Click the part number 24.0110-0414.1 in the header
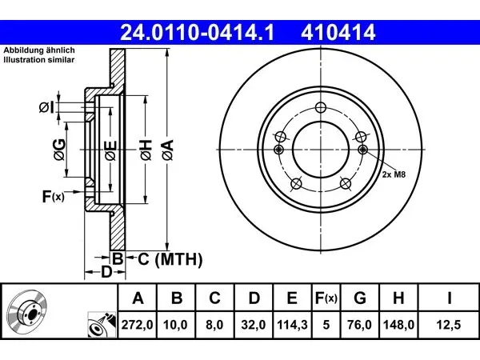coord(198,33)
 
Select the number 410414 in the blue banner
coord(338,33)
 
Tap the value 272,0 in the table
coord(137,325)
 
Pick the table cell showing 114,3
coord(292,325)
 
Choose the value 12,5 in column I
coord(449,325)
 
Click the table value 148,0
coord(398,325)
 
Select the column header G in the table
coord(360,298)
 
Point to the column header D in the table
coord(254,298)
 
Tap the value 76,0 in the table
coord(360,325)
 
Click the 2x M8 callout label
coord(394,174)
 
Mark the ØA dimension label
coord(168,150)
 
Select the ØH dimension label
coord(146,150)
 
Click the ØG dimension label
coord(59,150)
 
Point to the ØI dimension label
coord(46,107)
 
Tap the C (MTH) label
coord(170,259)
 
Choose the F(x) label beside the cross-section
coord(54,197)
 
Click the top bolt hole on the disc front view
coord(321,107)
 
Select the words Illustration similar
coord(39,60)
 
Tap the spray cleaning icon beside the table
coord(102,325)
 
